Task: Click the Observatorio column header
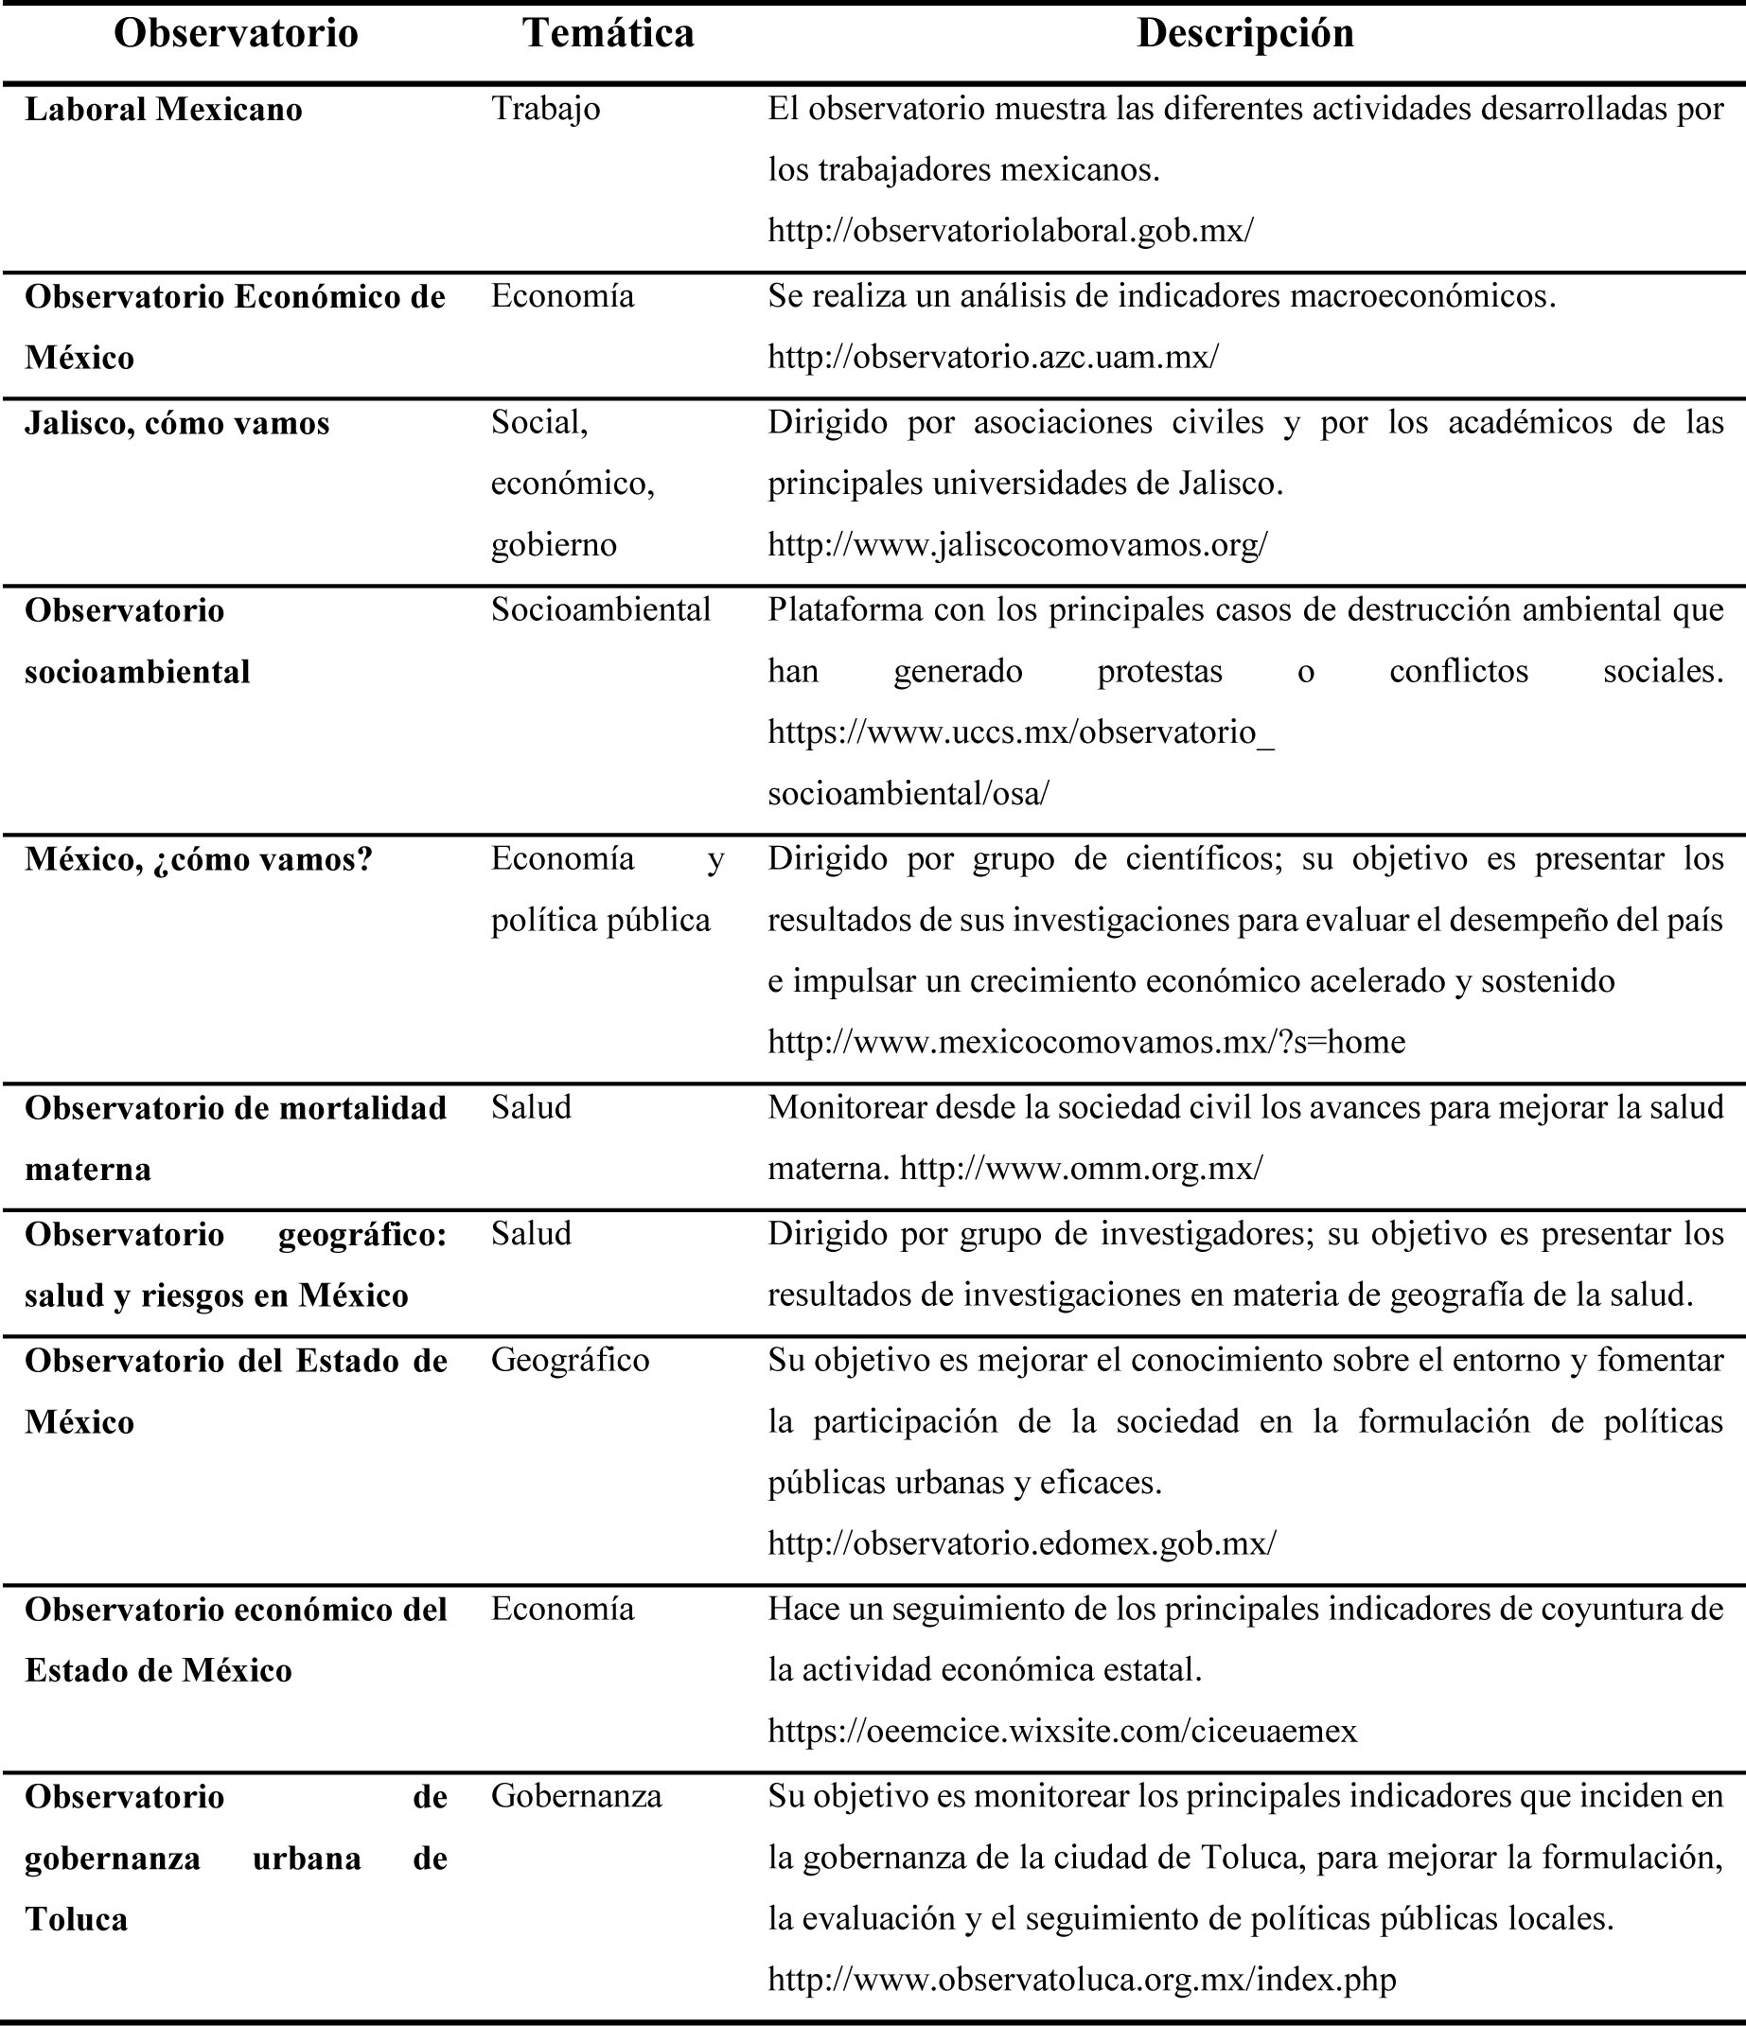(x=236, y=34)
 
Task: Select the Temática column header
(x=608, y=34)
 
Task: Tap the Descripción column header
(x=1244, y=34)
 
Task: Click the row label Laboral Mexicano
(x=164, y=110)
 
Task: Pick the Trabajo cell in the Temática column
(x=545, y=109)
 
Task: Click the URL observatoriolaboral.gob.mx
(x=1010, y=231)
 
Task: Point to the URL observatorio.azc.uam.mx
(x=993, y=357)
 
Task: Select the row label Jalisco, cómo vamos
(x=177, y=423)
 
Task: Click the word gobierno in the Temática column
(x=554, y=545)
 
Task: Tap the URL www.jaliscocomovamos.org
(x=1016, y=545)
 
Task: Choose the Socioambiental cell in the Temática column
(x=600, y=610)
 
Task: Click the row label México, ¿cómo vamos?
(x=199, y=859)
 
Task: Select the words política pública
(x=600, y=920)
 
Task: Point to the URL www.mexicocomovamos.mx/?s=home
(x=1086, y=1042)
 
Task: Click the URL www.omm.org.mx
(x=1081, y=1169)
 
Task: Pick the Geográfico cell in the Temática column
(x=570, y=1360)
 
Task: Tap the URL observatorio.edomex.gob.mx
(x=1022, y=1544)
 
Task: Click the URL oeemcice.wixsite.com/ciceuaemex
(x=1063, y=1732)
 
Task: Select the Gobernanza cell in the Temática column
(x=575, y=1796)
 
